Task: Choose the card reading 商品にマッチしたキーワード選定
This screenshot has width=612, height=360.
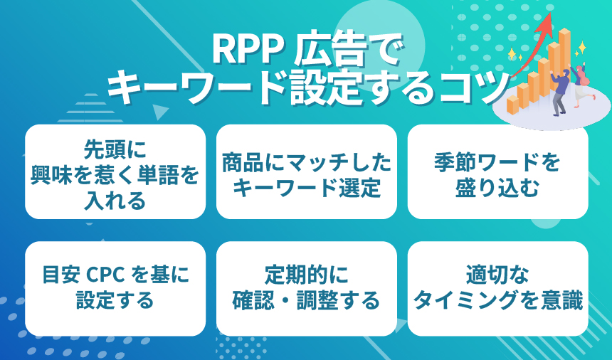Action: (306, 171)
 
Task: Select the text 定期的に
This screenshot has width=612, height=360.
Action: (306, 274)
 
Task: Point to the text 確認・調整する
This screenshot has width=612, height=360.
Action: (306, 300)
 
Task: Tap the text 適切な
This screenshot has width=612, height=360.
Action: (497, 274)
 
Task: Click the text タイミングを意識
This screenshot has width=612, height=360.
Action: (497, 300)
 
